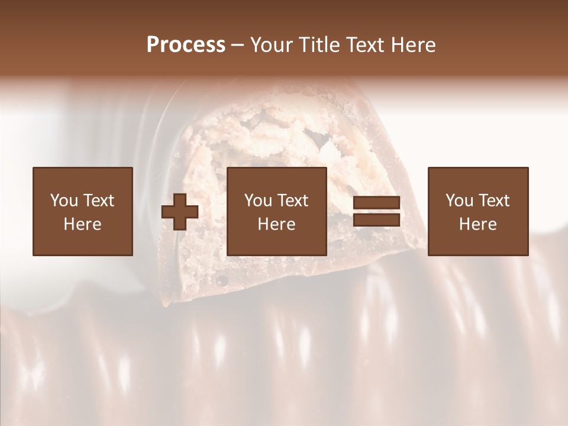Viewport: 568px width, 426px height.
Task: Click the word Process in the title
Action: click(186, 44)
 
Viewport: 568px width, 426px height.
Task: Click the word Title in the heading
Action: click(319, 44)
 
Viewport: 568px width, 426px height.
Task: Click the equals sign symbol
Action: click(376, 211)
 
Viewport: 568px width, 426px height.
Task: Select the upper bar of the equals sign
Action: click(376, 204)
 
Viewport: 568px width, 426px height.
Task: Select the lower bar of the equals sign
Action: click(376, 220)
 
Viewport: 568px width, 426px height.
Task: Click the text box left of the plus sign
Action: click(83, 211)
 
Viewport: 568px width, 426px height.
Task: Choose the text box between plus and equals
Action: click(277, 211)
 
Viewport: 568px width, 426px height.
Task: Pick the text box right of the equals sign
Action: click(478, 211)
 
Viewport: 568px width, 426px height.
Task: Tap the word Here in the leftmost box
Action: click(83, 224)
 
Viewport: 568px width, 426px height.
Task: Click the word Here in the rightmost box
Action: click(478, 224)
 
